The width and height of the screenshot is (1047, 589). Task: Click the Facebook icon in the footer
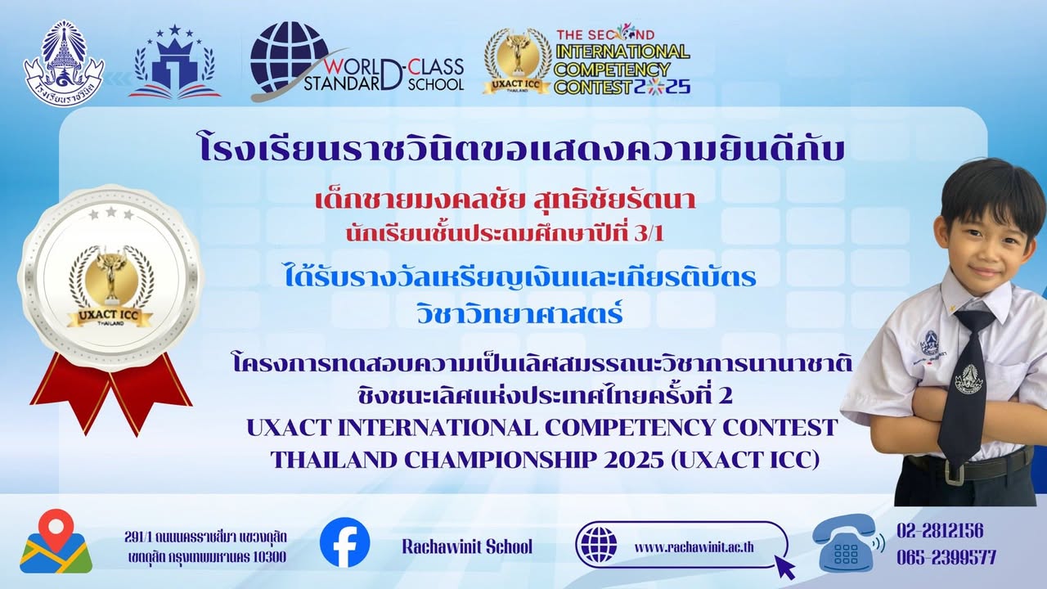pos(344,543)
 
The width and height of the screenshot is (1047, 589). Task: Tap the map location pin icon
pos(56,541)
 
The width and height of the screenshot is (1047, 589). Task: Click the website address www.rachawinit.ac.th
pos(694,546)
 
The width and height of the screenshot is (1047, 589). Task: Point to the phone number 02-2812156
pos(939,531)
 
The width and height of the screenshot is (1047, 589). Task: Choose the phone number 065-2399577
pos(946,558)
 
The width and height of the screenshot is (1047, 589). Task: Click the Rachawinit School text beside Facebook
pos(466,546)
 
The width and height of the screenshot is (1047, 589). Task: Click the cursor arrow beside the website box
pos(784,567)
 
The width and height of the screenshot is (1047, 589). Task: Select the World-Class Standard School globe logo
pos(289,57)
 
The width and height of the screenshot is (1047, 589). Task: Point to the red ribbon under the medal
pos(110,391)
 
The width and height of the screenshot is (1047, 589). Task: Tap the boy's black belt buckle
pos(954,470)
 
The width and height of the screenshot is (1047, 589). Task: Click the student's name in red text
pos(506,200)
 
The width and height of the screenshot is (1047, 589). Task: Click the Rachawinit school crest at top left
pos(64,64)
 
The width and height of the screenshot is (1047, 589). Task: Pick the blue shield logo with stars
pos(174,63)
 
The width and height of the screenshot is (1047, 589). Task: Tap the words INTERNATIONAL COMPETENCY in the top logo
pos(622,60)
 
